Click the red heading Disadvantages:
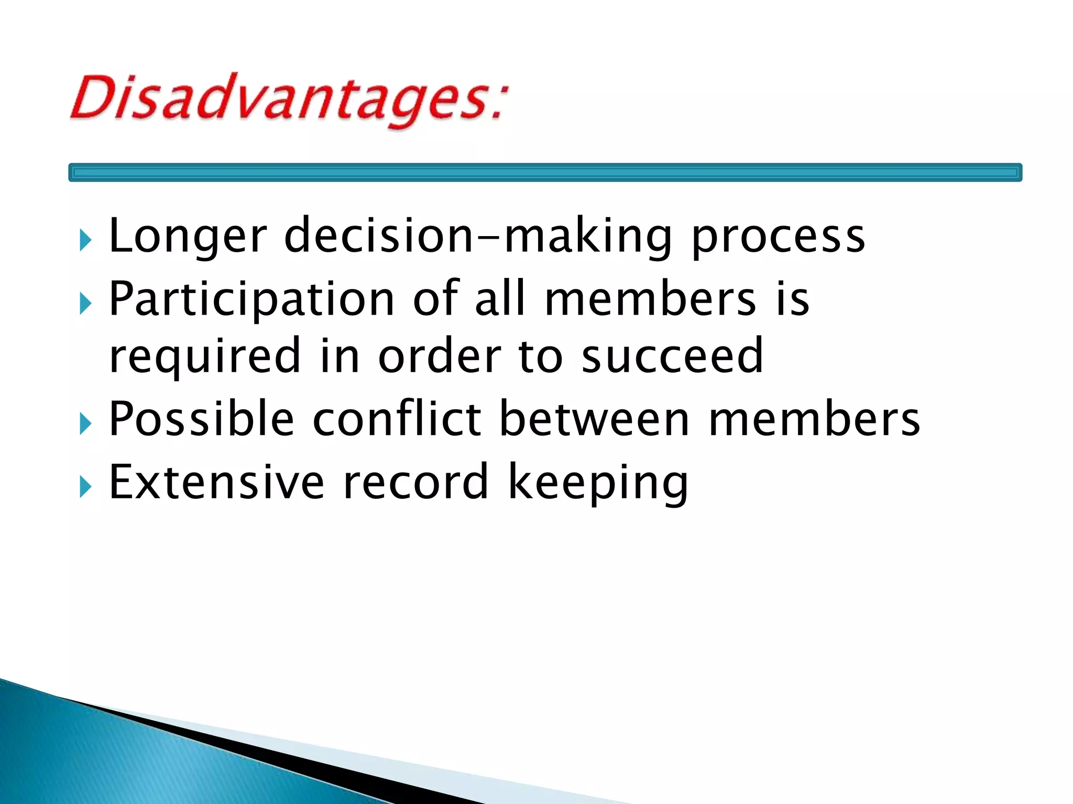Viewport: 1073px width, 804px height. coord(288,99)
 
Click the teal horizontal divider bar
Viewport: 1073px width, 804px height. coord(545,172)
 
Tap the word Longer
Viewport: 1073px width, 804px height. coord(188,237)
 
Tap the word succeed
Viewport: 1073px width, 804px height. coord(672,356)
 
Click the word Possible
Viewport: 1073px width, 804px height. coord(201,419)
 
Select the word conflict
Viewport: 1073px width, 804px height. coord(397,419)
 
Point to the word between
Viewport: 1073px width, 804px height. coord(595,419)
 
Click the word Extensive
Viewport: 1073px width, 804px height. coord(216,482)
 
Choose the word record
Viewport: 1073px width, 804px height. coord(415,482)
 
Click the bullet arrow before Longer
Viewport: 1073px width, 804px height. coord(86,240)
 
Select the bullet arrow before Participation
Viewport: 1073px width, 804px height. coord(86,304)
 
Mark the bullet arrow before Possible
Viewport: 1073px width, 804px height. coord(86,423)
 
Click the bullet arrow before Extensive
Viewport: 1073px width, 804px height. coord(86,487)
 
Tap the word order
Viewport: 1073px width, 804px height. coord(439,356)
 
